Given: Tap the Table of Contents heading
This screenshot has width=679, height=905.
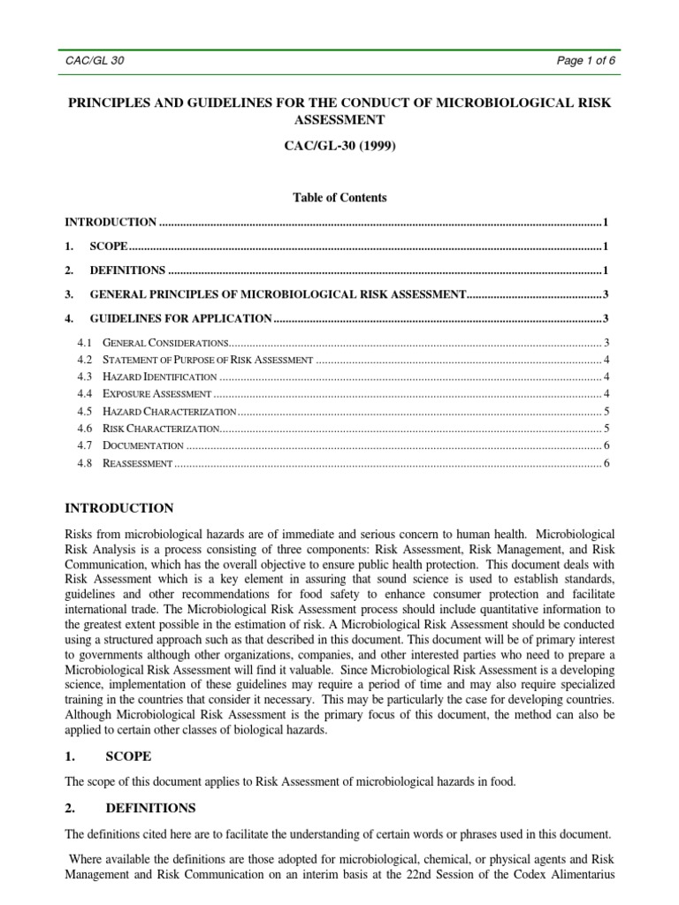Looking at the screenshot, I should [339, 197].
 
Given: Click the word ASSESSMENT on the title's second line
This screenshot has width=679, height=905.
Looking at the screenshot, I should [339, 119].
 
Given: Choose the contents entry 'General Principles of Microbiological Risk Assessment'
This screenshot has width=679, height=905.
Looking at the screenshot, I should [278, 293].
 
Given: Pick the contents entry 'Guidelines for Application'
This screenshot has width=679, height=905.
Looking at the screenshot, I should [181, 317].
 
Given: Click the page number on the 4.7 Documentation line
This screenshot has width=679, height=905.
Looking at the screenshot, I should [606, 445].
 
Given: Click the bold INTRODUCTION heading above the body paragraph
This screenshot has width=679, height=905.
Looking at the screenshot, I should [120, 508].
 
